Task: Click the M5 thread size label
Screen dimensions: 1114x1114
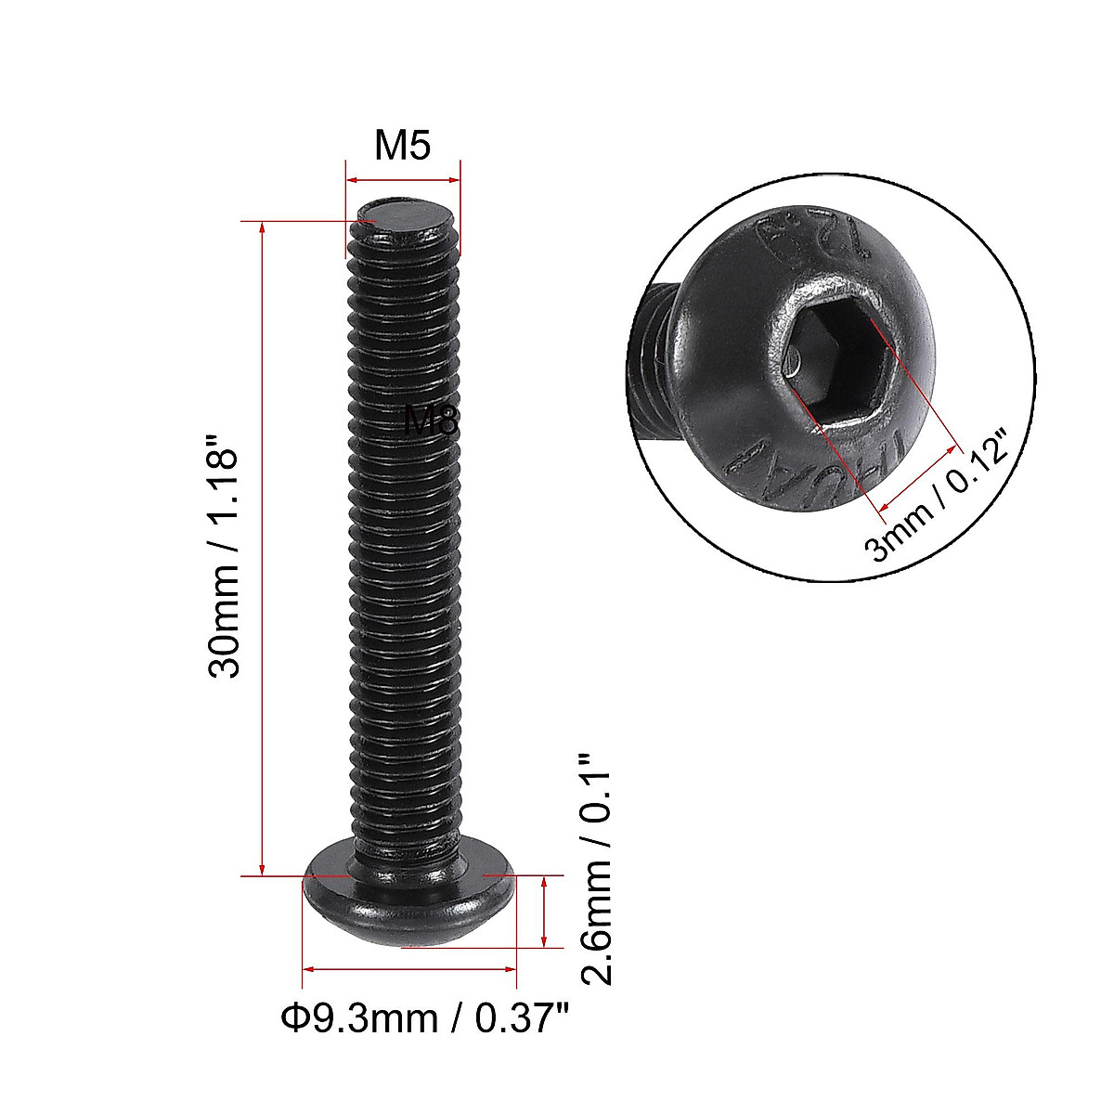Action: click(x=403, y=146)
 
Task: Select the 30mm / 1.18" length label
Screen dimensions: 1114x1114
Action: click(x=225, y=552)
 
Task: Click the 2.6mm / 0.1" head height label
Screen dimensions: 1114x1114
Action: click(x=595, y=868)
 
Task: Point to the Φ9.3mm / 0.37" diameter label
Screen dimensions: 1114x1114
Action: click(x=424, y=1018)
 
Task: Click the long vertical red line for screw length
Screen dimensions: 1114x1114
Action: click(x=263, y=548)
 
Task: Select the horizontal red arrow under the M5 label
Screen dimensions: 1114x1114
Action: click(x=403, y=180)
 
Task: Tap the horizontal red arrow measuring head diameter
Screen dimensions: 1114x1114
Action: click(x=409, y=969)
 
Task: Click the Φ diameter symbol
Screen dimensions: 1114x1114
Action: click(x=293, y=1018)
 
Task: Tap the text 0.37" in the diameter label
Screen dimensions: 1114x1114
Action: click(x=521, y=1018)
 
